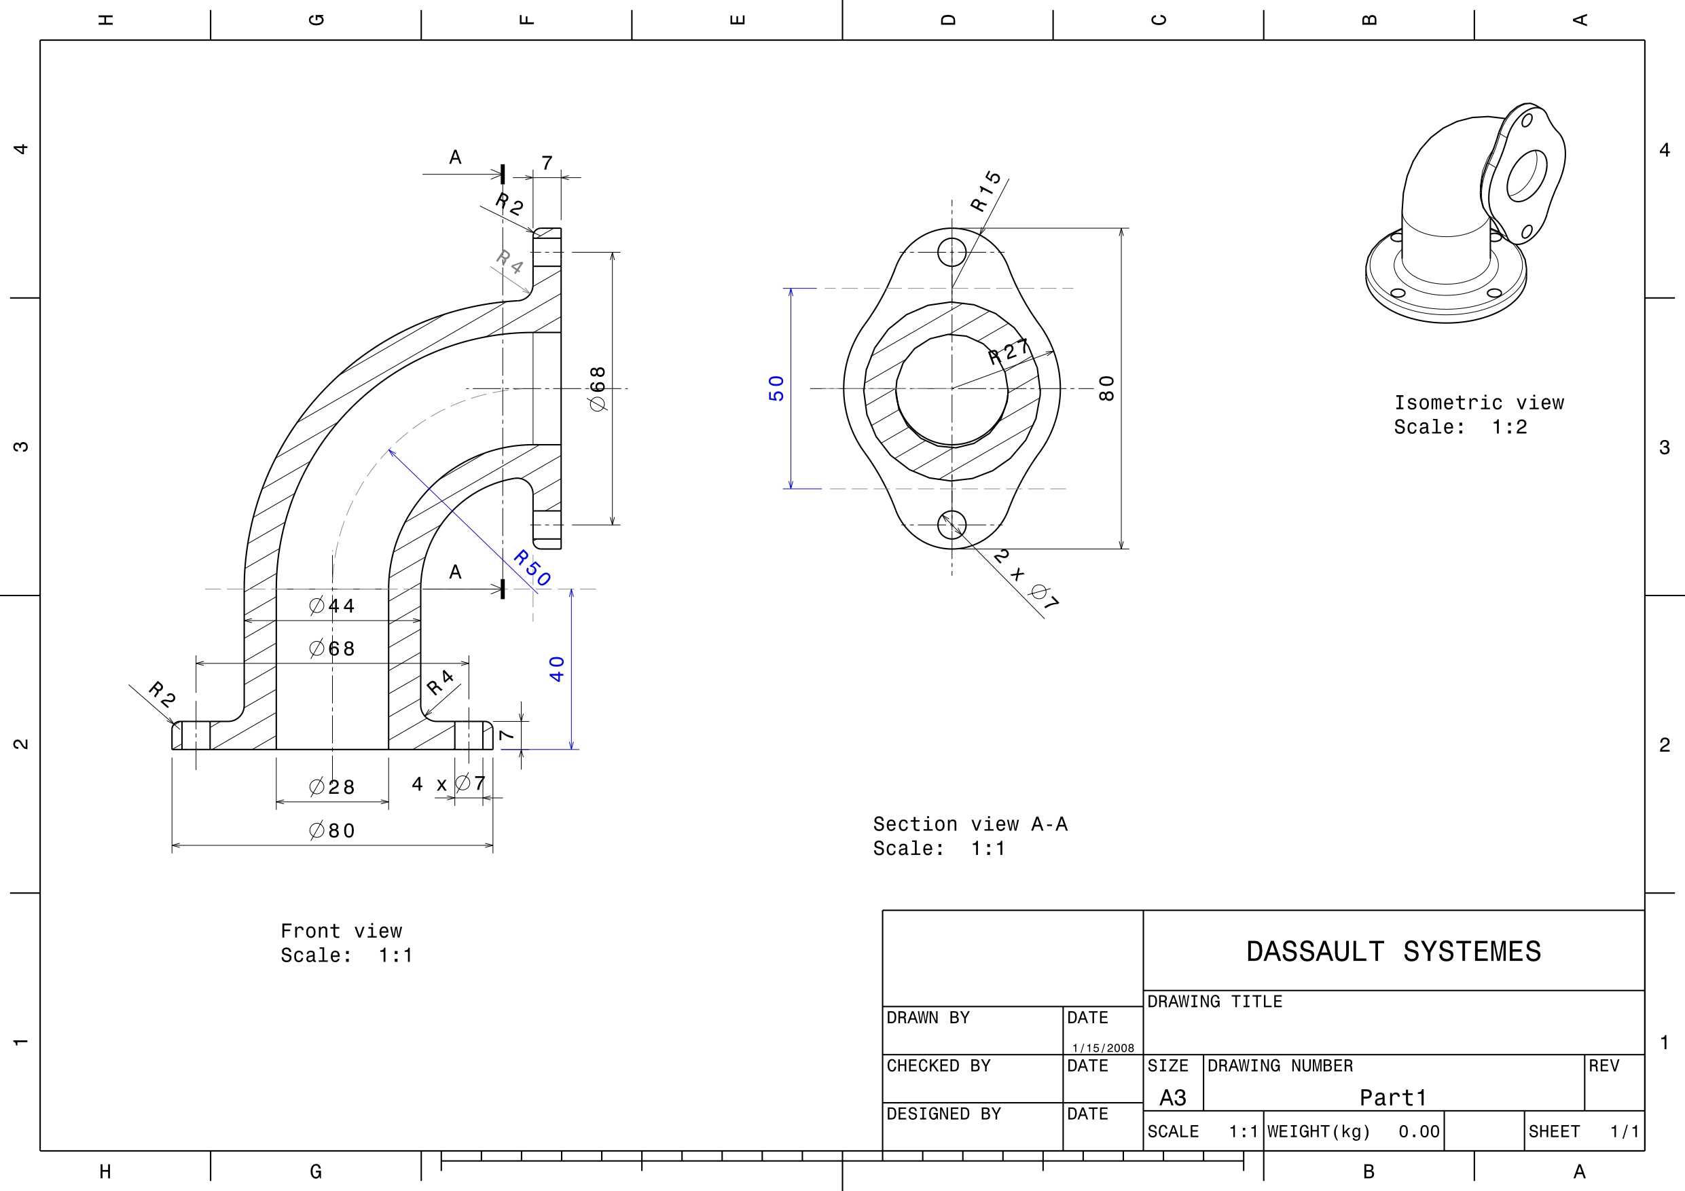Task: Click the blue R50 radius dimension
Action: click(532, 567)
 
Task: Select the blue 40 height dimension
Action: click(557, 669)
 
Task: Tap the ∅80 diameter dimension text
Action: click(333, 830)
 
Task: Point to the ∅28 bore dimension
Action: click(333, 788)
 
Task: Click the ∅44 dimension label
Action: click(333, 606)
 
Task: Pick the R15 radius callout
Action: click(985, 191)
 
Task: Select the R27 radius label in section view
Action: click(1009, 352)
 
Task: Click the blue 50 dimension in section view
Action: click(776, 388)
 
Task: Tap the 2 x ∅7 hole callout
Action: click(1027, 579)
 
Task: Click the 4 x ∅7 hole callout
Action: click(449, 784)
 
